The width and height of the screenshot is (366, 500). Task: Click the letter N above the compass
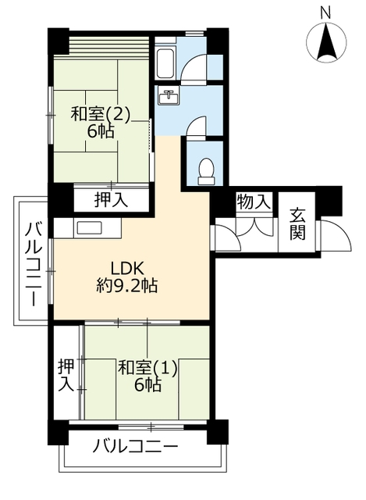click(x=325, y=14)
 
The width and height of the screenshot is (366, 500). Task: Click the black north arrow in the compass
click(x=326, y=41)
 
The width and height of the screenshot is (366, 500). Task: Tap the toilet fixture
click(x=206, y=171)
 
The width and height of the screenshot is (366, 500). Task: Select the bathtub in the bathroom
click(x=165, y=63)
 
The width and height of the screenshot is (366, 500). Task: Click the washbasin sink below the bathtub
click(x=169, y=96)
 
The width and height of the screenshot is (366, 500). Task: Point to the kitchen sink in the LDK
click(x=90, y=228)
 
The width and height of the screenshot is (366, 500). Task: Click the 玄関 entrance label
click(x=297, y=223)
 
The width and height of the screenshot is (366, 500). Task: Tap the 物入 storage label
click(x=254, y=202)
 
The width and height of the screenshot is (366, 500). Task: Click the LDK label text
click(x=127, y=268)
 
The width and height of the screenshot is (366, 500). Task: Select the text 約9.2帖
click(x=126, y=285)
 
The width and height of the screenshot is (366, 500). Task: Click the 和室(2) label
click(x=101, y=114)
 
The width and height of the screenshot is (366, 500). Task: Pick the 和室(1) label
click(x=147, y=369)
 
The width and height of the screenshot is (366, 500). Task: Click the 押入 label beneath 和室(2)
click(x=111, y=200)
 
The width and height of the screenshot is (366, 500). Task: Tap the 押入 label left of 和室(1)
click(x=66, y=375)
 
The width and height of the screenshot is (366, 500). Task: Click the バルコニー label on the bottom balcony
click(x=135, y=446)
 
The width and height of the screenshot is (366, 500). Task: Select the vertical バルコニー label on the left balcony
click(x=33, y=264)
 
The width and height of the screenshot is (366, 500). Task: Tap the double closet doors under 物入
click(x=254, y=227)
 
